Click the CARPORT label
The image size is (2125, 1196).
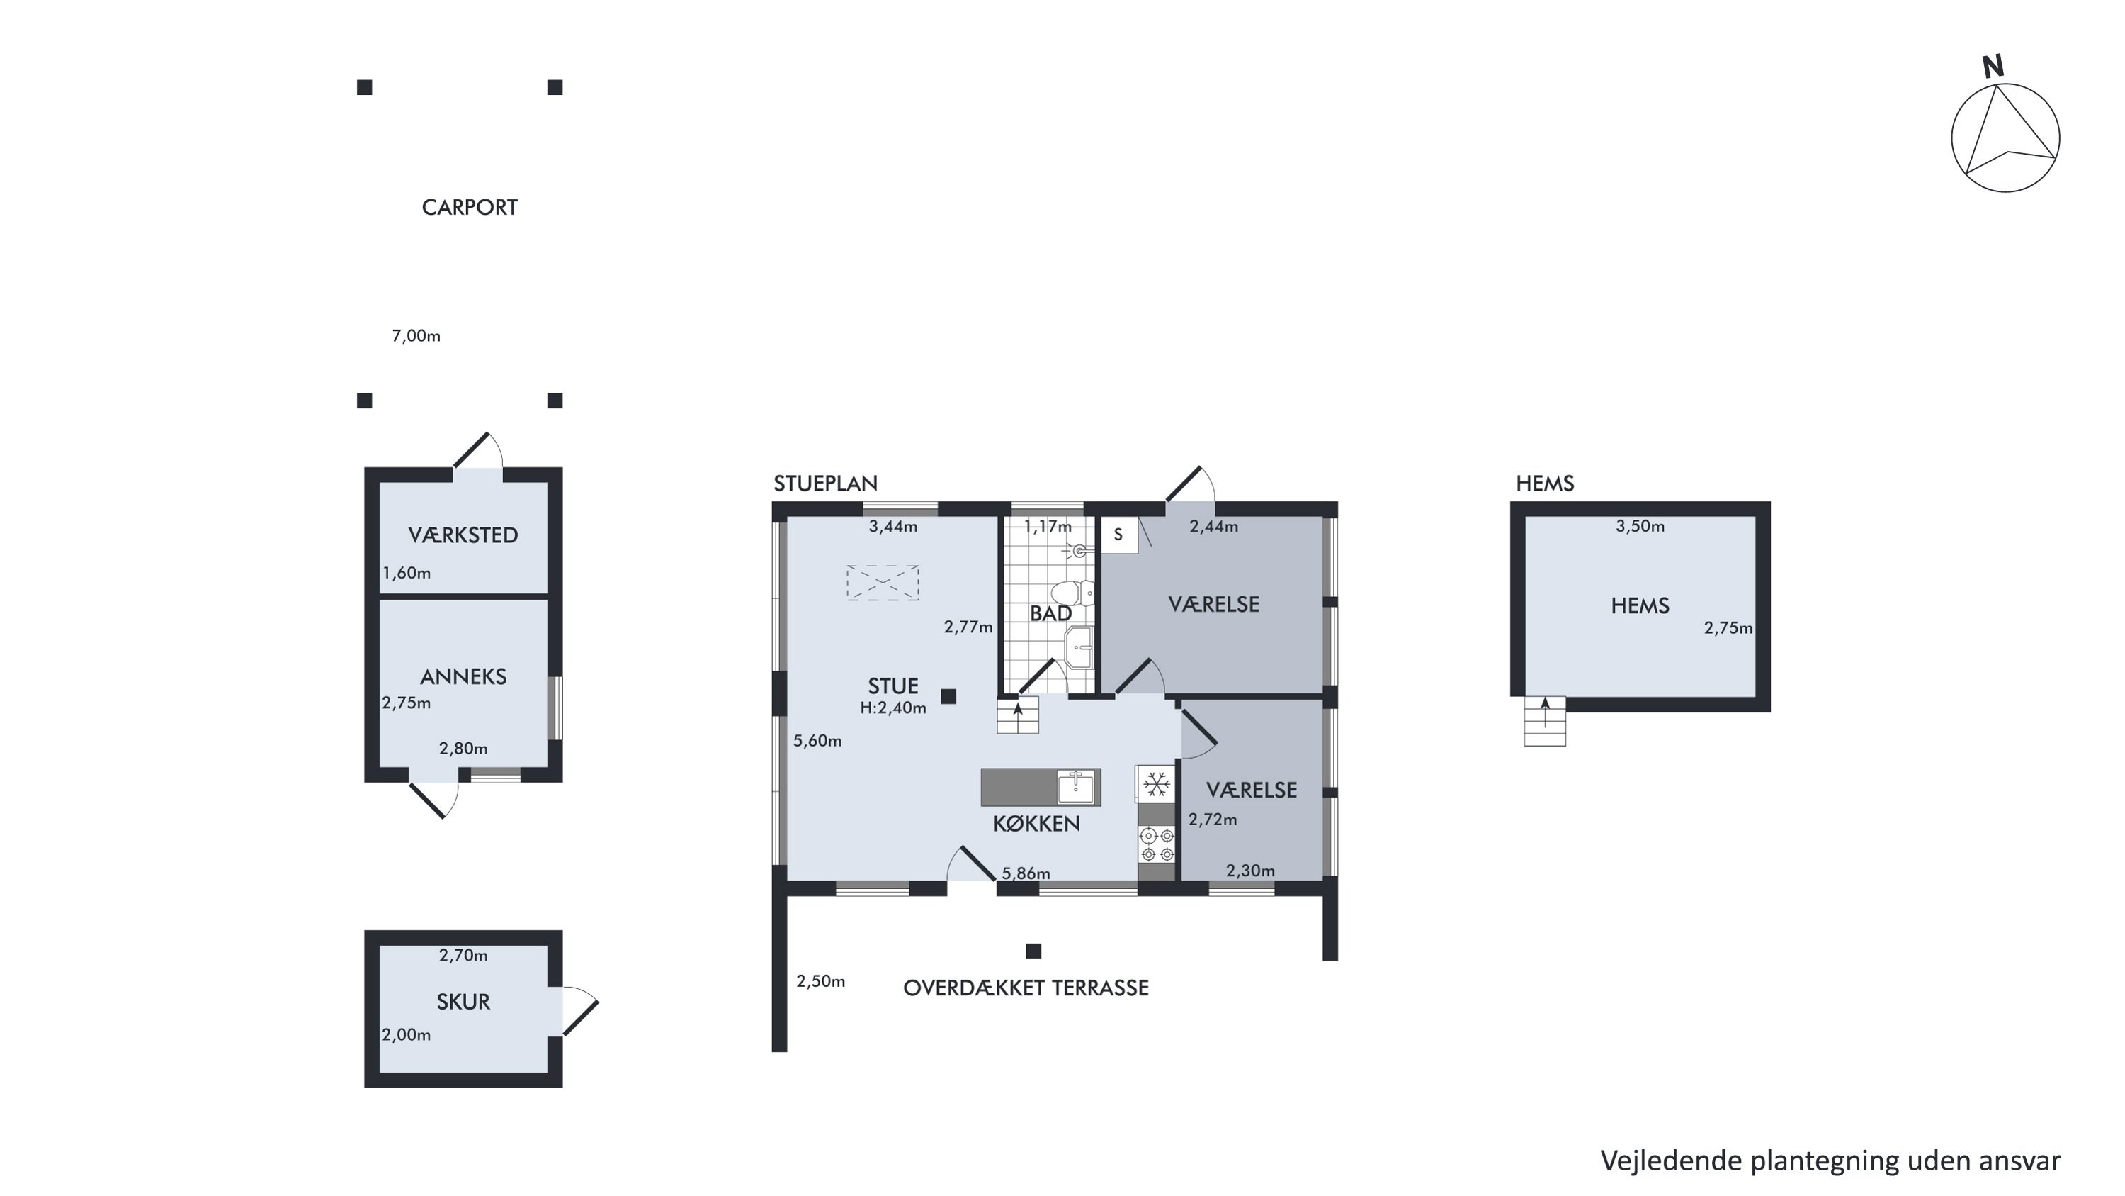tap(470, 207)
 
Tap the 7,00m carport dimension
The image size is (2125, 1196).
tap(416, 336)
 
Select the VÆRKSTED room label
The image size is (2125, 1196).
tap(463, 535)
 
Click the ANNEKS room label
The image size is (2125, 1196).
tap(463, 677)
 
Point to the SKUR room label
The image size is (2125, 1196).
tap(463, 1002)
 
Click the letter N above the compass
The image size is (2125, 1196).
tap(1993, 67)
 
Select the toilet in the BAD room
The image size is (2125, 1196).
tap(1073, 593)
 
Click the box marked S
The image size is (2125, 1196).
tap(1119, 535)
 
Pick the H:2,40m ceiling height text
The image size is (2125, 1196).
tap(892, 708)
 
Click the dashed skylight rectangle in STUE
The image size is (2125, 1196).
tap(883, 582)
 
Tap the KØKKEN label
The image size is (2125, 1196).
tap(1036, 824)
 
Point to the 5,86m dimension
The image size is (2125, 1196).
tap(1026, 873)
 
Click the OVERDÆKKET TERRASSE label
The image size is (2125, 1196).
tap(1026, 988)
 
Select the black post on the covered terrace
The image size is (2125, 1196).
tap(1033, 951)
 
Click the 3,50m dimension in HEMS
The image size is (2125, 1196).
tap(1640, 527)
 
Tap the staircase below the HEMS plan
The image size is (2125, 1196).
tap(1544, 722)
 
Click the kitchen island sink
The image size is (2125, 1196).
tap(1077, 787)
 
